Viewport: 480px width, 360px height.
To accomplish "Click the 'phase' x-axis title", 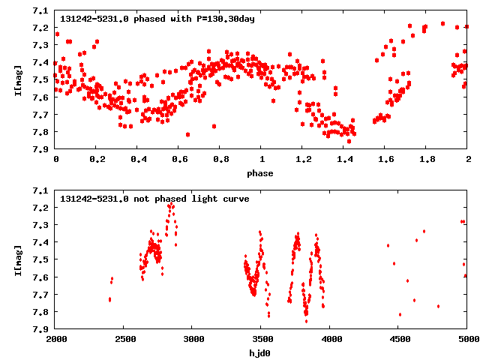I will click(261, 172).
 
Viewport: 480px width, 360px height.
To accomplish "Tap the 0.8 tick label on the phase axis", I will click(220, 160).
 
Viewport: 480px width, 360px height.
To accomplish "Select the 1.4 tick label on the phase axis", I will click(343, 160).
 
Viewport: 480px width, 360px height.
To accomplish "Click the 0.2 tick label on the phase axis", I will click(97, 160).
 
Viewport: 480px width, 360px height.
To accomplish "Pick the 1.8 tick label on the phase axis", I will click(426, 160).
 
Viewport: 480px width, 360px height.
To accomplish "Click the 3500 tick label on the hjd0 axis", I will click(261, 340).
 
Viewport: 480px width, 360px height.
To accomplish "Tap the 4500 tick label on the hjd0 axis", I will click(398, 340).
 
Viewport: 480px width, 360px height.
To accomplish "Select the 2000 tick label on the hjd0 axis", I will click(56, 340).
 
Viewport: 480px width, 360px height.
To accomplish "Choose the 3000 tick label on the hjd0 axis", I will click(193, 340).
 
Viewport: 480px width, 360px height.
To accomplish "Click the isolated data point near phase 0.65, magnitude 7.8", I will click(187, 135).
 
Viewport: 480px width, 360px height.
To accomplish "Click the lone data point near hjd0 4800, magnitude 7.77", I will click(439, 306).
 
